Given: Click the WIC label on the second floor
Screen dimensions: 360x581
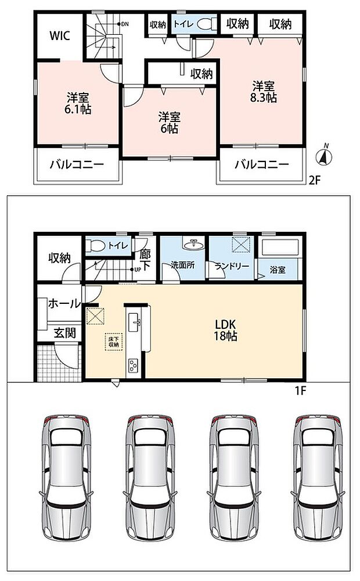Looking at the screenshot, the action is tap(60, 36).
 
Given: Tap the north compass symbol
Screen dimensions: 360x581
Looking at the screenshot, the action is tap(324, 156).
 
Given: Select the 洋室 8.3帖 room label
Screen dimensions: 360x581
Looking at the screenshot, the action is tap(264, 92).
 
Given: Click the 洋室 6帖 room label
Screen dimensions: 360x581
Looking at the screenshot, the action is tap(170, 123).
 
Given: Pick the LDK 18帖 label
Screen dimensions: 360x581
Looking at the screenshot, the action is tap(225, 330).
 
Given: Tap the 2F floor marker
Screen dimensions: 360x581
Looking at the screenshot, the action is tap(314, 181).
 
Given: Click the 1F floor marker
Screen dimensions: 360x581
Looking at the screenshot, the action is tap(300, 390).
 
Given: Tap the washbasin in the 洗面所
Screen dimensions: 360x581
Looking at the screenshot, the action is tap(192, 244).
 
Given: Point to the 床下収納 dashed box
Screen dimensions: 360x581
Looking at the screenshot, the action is tap(114, 342).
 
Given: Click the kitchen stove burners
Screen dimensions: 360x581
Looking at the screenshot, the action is tap(132, 365).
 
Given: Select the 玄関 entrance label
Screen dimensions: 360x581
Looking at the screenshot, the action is tap(65, 333).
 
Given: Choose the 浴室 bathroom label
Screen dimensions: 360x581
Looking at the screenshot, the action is tap(278, 270).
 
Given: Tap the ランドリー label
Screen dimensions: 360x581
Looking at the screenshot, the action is tap(232, 266).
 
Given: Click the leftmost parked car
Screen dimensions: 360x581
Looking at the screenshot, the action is tap(66, 478).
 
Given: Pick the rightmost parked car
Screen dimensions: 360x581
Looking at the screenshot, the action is tap(319, 478).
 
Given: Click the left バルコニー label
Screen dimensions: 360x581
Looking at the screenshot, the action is tap(77, 164).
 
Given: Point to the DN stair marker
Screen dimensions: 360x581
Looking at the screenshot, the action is tap(123, 24).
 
